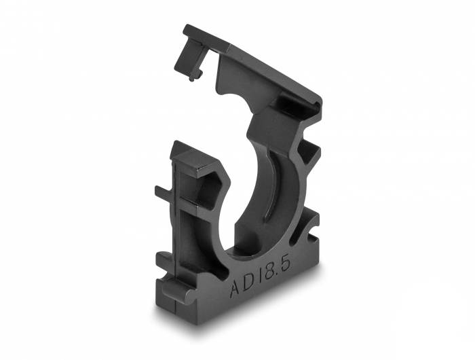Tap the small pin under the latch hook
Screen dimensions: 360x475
point(194,77)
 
